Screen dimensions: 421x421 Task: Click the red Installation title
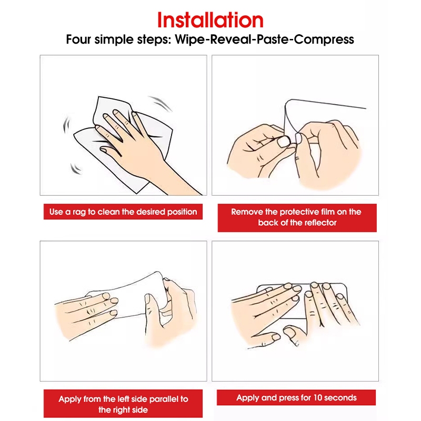[x=210, y=20]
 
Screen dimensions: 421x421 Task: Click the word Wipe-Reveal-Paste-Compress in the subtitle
[x=265, y=39]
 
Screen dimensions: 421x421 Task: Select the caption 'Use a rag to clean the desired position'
[x=123, y=212]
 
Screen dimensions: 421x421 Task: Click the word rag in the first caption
[x=79, y=213]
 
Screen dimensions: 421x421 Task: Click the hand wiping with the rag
[x=139, y=145]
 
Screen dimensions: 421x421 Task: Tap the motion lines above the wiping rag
[x=163, y=103]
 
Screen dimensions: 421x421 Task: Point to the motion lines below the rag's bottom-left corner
[x=76, y=168]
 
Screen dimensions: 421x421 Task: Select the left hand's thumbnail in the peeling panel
[x=284, y=141]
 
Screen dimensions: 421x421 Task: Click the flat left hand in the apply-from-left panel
[x=86, y=315]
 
